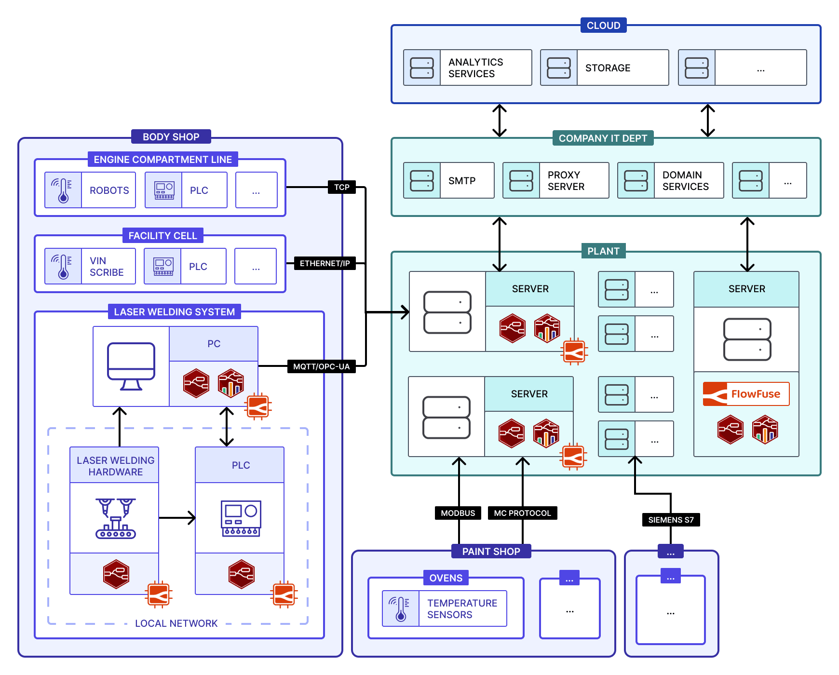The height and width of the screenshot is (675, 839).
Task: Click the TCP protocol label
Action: [341, 187]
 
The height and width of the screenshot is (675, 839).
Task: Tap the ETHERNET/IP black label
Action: [325, 263]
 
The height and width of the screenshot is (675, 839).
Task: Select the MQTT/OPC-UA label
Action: [321, 366]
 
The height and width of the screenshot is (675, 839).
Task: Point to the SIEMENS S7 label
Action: [671, 520]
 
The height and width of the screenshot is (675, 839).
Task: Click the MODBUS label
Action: [458, 513]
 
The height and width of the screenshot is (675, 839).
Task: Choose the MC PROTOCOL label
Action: [522, 513]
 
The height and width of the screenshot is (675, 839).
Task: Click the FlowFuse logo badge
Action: [746, 394]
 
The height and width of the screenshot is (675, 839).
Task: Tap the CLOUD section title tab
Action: [603, 26]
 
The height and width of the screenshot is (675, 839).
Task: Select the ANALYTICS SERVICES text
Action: [475, 68]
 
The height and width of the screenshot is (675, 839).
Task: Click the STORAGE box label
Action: [608, 68]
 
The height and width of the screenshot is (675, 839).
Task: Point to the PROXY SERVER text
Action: [566, 181]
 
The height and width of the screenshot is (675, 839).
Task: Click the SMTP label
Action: [462, 181]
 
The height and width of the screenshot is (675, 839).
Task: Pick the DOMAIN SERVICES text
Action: [685, 181]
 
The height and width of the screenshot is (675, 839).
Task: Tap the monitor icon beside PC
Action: [131, 366]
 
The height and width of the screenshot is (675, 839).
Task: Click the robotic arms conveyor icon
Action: [116, 518]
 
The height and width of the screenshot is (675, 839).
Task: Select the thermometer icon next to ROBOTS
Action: [63, 190]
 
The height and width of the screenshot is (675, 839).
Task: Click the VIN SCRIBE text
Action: [107, 267]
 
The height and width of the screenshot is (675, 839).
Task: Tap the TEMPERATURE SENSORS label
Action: [462, 609]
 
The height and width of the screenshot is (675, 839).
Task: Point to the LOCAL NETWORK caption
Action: [176, 623]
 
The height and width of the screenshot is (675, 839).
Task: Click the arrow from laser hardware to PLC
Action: [177, 518]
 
